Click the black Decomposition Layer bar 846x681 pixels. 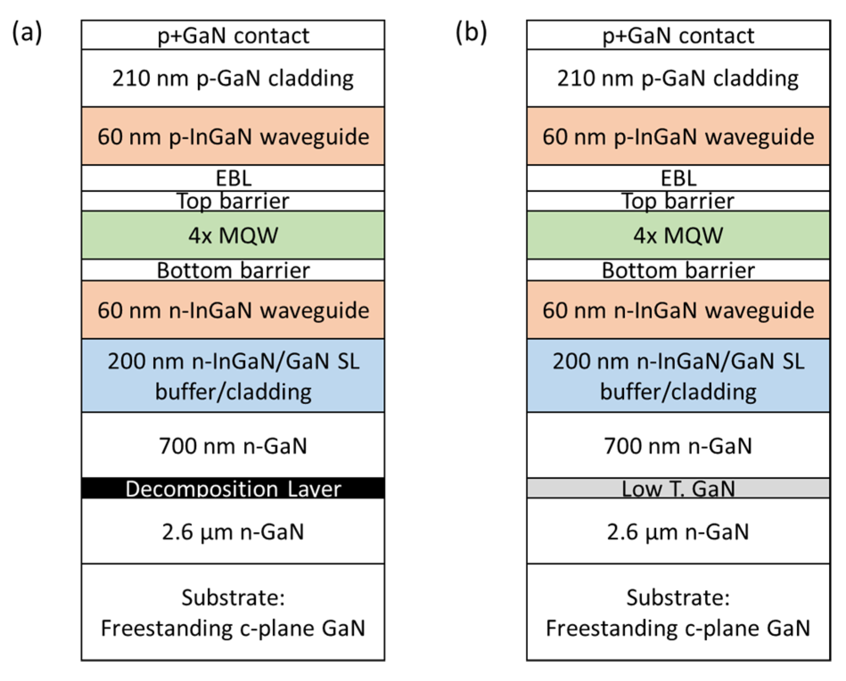233,488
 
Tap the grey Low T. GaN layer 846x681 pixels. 678,488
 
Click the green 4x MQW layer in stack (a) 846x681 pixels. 233,235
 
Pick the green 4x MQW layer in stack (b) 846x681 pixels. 678,235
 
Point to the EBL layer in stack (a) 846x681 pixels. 233,178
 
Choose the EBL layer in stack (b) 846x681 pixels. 678,178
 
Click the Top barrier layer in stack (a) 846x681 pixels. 233,201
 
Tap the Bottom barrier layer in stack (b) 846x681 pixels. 678,270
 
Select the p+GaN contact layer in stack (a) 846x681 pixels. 233,35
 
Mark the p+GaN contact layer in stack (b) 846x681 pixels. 678,35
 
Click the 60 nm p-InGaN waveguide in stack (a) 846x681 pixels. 233,136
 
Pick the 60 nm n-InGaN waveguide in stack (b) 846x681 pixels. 678,310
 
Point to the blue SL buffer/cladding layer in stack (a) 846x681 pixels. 233,375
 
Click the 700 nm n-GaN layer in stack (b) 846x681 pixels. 678,445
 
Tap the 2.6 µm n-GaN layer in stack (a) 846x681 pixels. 233,531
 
